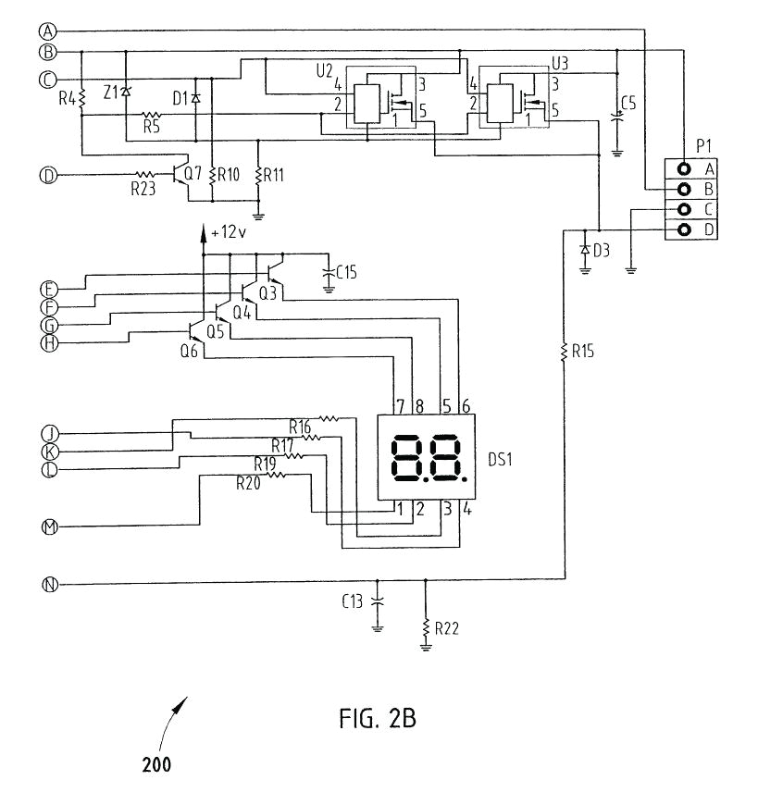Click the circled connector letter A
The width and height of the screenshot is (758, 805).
48,29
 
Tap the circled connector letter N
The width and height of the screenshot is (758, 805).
48,584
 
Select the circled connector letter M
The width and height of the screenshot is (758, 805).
48,527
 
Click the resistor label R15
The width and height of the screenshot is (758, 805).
585,351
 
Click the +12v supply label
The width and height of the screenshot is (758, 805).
229,233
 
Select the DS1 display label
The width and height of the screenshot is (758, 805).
503,460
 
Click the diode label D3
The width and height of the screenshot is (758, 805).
602,250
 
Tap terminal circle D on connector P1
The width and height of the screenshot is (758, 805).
684,229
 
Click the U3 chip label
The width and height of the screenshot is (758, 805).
560,63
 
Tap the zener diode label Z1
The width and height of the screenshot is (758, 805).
111,93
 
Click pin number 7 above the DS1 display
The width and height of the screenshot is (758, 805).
399,404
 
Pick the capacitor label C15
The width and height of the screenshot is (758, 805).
348,272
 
